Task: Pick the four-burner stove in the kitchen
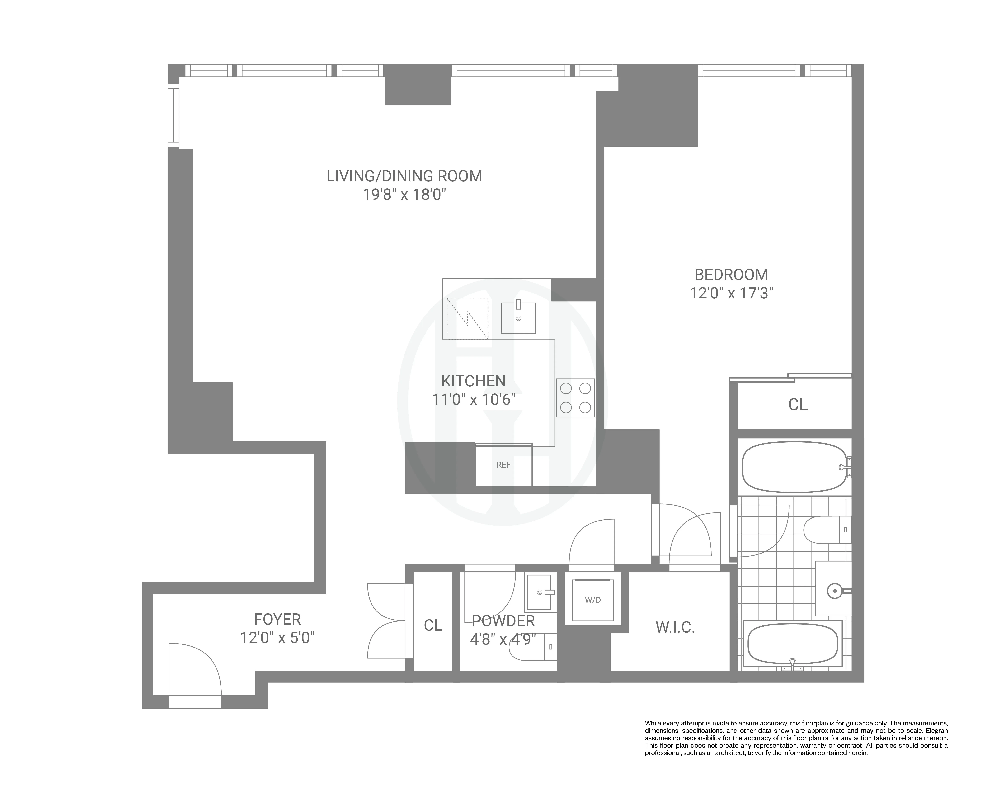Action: click(575, 398)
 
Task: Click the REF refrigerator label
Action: click(503, 465)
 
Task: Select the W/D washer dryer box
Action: click(593, 600)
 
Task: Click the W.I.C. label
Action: click(675, 628)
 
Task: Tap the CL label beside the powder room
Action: click(432, 625)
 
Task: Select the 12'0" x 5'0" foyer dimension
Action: click(277, 638)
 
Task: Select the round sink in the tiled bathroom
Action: click(834, 591)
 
